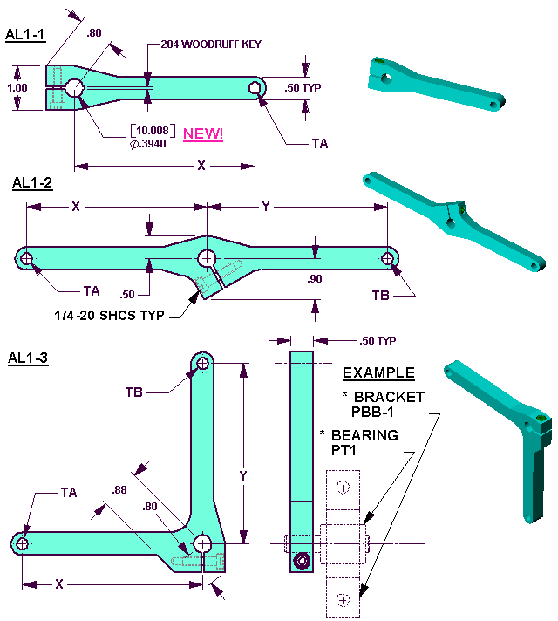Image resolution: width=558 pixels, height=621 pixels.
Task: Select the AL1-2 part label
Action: (32, 183)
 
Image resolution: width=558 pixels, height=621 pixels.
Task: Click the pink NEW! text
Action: (203, 133)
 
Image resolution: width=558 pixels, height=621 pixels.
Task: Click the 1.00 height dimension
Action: (17, 87)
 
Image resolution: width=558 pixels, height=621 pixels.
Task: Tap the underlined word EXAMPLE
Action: (378, 373)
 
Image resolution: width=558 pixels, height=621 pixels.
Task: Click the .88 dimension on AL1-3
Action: (119, 490)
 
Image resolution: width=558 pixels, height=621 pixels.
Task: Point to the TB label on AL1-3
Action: (134, 392)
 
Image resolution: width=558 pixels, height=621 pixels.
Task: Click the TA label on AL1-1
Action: (320, 143)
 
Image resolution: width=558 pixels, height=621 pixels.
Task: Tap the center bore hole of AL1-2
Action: (208, 258)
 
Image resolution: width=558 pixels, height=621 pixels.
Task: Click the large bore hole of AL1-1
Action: (74, 87)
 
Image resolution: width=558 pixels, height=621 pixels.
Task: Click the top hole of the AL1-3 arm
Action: (203, 363)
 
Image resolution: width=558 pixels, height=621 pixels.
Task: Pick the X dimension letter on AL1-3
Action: (59, 584)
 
